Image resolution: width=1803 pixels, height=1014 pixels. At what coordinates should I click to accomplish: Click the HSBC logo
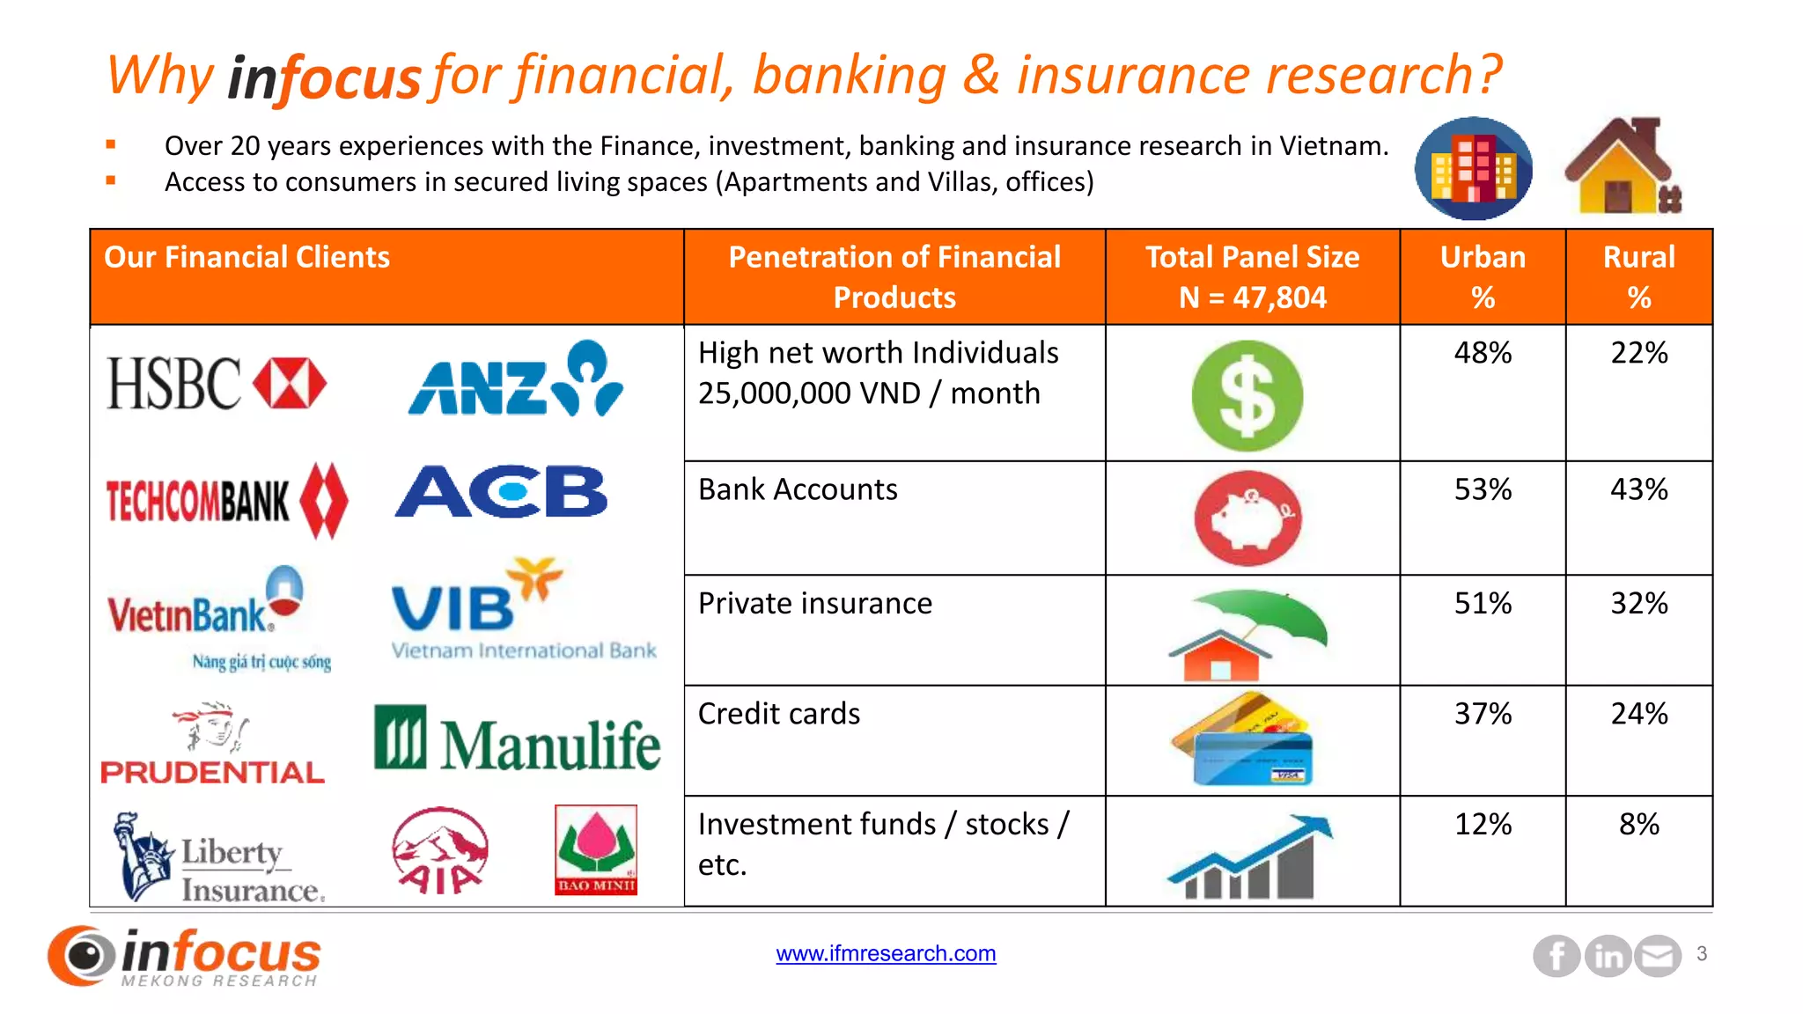tap(217, 384)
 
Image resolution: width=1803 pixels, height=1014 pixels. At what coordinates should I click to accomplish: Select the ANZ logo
tap(516, 380)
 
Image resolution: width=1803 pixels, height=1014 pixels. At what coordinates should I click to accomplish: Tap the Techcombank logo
tap(227, 500)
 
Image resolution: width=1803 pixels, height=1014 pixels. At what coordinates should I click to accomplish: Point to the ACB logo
tap(501, 492)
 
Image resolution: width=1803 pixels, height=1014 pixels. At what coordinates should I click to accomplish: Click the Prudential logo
tap(212, 745)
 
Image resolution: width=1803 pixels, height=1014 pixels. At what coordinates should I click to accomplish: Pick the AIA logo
tap(439, 850)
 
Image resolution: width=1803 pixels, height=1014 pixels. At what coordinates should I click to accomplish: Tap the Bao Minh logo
tap(596, 849)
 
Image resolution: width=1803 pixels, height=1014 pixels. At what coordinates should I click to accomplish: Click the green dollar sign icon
tap(1247, 396)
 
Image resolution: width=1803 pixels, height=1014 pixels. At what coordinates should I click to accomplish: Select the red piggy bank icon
tap(1247, 519)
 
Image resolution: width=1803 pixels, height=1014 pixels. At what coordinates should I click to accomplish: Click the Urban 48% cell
tap(1483, 353)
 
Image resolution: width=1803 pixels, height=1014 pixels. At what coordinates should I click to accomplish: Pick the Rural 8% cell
tap(1638, 825)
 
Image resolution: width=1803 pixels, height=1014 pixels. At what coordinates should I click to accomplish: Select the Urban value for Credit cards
tap(1483, 714)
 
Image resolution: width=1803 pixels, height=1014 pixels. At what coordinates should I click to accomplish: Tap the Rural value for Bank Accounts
tap(1638, 489)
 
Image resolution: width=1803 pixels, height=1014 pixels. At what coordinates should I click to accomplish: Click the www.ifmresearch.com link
tap(886, 953)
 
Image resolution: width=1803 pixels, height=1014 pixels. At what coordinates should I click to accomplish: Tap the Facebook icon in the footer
tap(1556, 956)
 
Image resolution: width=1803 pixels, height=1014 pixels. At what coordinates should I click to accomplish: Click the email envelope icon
tap(1658, 956)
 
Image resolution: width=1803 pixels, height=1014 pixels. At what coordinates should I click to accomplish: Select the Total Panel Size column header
tap(1252, 277)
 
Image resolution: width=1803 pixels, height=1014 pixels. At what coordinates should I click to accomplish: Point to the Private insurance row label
tap(815, 604)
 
